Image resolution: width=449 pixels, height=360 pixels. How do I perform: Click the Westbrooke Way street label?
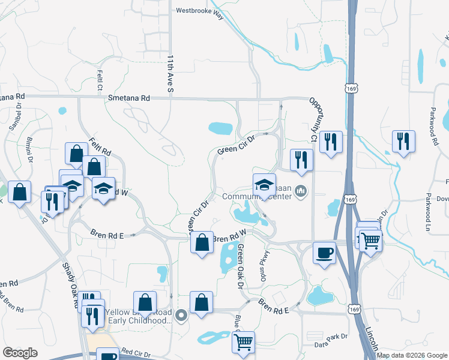click(x=200, y=13)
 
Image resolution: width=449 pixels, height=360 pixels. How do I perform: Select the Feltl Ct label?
click(x=100, y=77)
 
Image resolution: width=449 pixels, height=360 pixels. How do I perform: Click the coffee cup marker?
click(x=325, y=253)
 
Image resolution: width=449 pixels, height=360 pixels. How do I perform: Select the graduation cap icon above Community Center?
click(x=264, y=184)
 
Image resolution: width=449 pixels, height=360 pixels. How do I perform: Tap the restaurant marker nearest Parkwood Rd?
click(x=403, y=141)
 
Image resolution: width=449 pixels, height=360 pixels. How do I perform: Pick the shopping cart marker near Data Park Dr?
click(x=243, y=341)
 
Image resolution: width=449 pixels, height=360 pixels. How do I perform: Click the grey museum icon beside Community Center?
click(x=301, y=192)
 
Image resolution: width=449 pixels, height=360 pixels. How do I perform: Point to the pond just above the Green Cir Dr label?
click(x=220, y=128)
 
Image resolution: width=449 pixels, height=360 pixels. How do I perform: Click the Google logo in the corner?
click(x=20, y=353)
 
